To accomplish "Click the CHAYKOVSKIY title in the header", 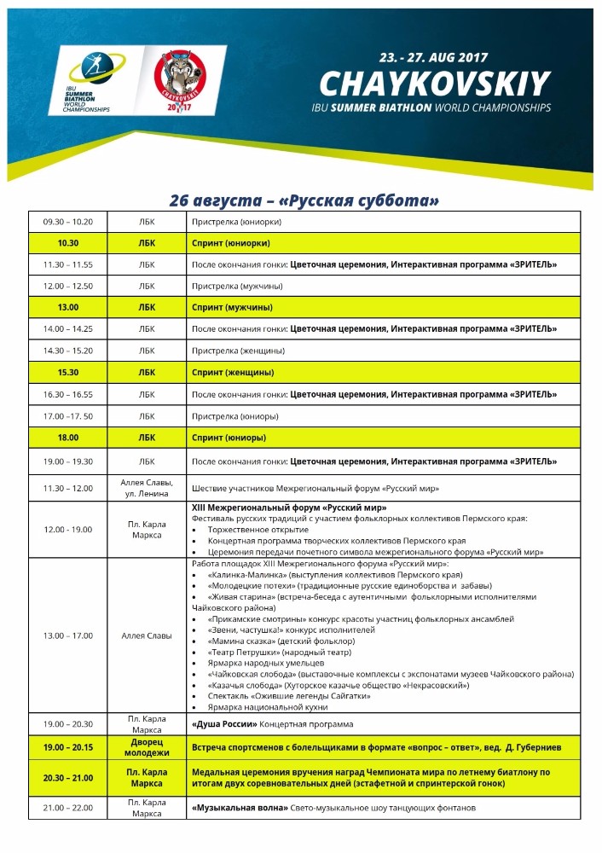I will pyautogui.click(x=434, y=84).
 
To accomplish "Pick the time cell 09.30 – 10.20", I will pyautogui.click(x=68, y=222).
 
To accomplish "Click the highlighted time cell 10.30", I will pyautogui.click(x=68, y=243).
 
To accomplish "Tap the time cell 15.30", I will pyautogui.click(x=68, y=373).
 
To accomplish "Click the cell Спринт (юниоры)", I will pyautogui.click(x=229, y=438).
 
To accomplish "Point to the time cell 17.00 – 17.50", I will pyautogui.click(x=68, y=416).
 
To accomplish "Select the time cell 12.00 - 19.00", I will pyautogui.click(x=68, y=530).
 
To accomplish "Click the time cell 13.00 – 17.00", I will pyautogui.click(x=68, y=635).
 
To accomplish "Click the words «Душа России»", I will pyautogui.click(x=224, y=724).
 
